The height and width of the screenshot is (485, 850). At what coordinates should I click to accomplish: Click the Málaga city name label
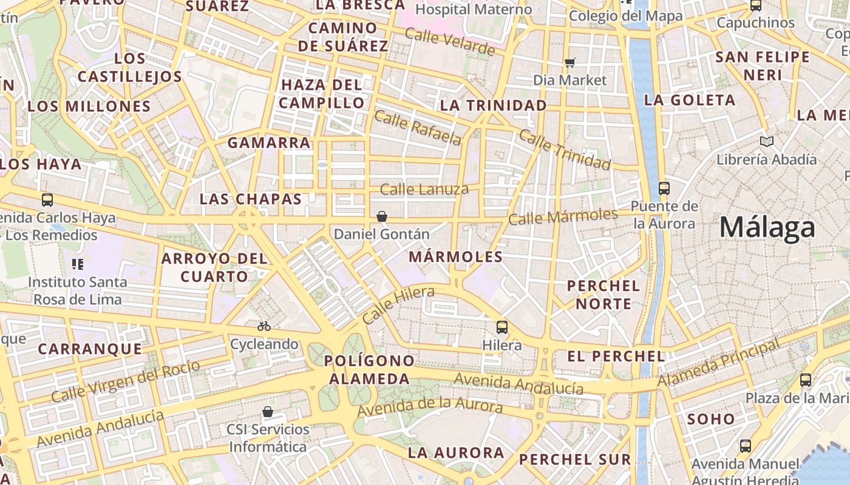point(767,228)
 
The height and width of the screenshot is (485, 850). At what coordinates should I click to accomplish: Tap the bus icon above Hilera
point(502,327)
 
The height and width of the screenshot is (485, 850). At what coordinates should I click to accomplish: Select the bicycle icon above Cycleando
point(263,326)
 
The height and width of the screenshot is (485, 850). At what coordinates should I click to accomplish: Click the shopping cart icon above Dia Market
point(569,62)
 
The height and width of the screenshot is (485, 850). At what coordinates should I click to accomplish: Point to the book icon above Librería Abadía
point(767,142)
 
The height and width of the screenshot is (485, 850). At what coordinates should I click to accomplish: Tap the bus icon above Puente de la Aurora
point(664,188)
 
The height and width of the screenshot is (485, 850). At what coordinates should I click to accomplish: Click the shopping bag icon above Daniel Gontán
point(382,216)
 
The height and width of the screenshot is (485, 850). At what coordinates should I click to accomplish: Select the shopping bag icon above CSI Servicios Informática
point(267,412)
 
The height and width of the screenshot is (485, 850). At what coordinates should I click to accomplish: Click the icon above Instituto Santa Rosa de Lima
point(78,264)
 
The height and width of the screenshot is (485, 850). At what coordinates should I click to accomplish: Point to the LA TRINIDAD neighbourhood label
point(493,105)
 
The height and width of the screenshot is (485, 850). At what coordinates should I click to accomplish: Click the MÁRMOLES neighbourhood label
point(455,257)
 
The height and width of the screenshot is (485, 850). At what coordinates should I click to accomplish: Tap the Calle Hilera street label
point(398,305)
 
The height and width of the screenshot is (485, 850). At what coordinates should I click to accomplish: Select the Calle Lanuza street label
point(424,190)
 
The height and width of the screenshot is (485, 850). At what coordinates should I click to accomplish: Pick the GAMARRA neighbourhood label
point(269,143)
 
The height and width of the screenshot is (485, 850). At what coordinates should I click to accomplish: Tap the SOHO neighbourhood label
point(711,419)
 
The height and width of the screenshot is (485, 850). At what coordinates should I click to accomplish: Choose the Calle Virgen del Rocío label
point(126,381)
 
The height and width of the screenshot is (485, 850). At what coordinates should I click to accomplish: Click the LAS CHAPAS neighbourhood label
point(251,199)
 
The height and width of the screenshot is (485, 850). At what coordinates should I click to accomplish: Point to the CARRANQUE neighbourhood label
point(90,349)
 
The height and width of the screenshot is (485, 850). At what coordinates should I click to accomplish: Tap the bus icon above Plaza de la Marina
point(806,380)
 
